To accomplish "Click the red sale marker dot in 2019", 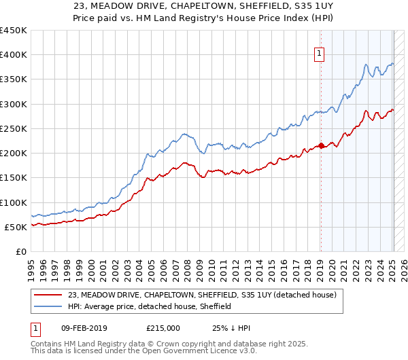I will [x=321, y=145].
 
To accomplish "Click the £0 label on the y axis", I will [x=20, y=252].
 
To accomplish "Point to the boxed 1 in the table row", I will [x=35, y=328].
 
